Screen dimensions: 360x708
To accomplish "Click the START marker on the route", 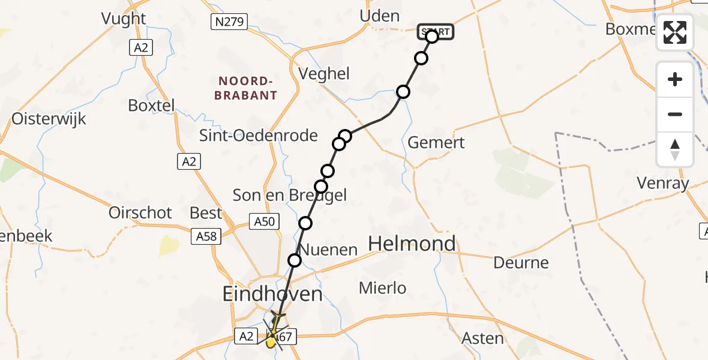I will click(436, 32).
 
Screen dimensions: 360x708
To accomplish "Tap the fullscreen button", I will click(675, 32).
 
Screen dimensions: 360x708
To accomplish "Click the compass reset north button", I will click(675, 149).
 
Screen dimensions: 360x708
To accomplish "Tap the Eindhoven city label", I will click(272, 294).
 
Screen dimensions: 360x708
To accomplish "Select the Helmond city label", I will click(412, 244).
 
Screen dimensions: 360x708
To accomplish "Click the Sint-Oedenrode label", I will click(259, 136).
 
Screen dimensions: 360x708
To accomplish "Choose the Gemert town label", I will click(436, 143).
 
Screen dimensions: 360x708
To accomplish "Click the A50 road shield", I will click(264, 222).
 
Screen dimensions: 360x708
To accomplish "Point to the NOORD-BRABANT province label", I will click(247, 88).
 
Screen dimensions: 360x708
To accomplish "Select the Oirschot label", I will click(140, 212).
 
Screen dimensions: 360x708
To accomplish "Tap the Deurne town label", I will click(521, 262).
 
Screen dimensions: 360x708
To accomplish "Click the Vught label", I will click(124, 19).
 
